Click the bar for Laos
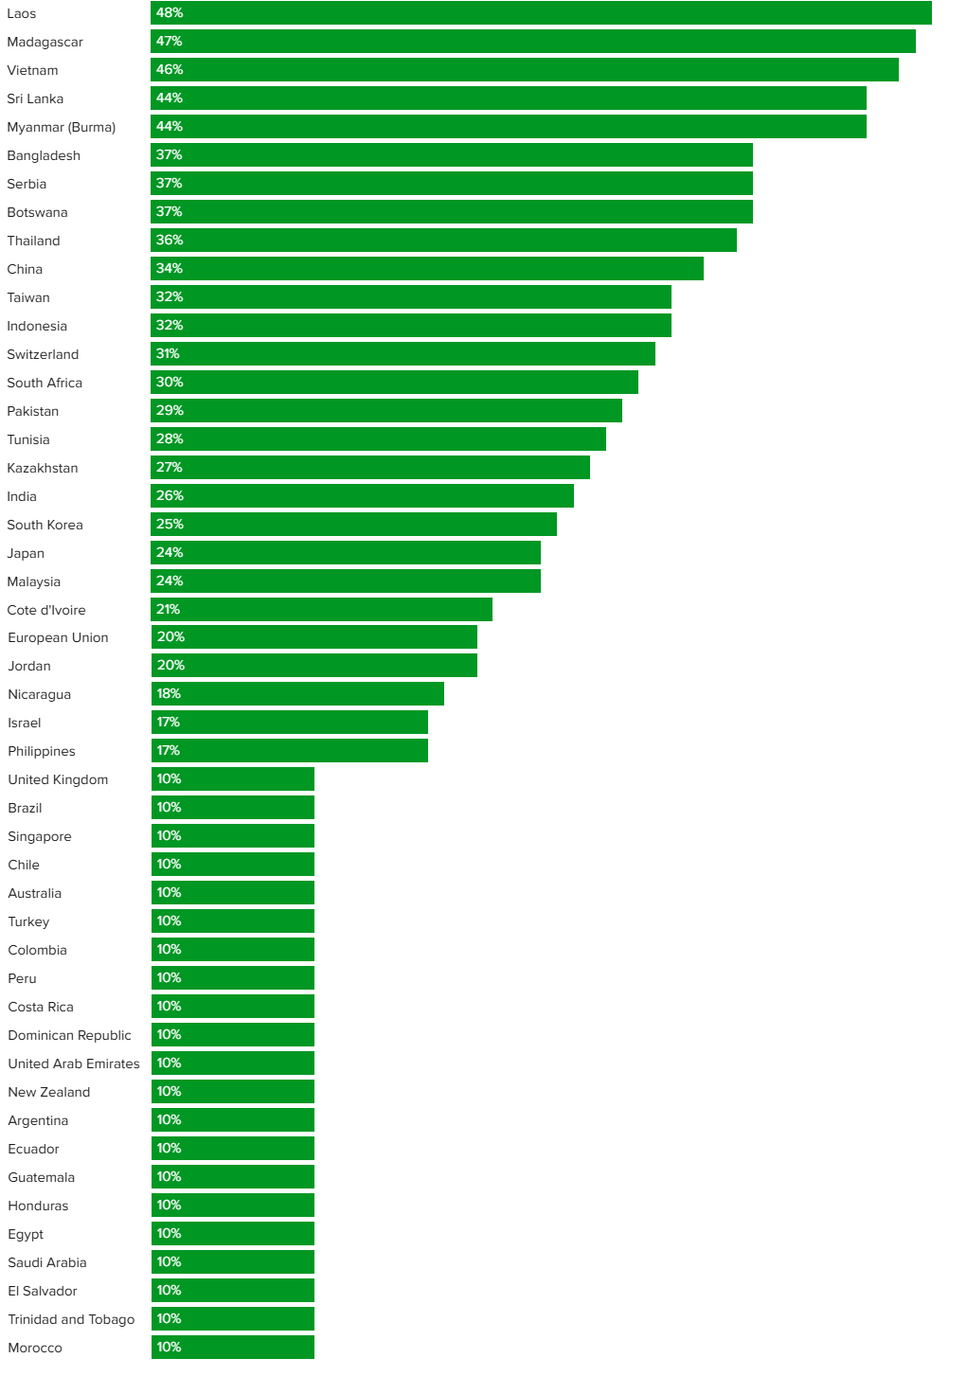click(541, 13)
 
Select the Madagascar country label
click(45, 42)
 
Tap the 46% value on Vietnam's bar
click(170, 70)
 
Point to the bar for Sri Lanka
click(509, 98)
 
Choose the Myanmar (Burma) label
click(61, 127)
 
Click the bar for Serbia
click(452, 184)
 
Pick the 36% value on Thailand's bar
click(170, 241)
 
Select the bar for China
click(427, 269)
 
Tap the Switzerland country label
click(43, 354)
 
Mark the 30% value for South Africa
click(170, 383)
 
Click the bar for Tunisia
click(379, 439)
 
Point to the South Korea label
click(45, 525)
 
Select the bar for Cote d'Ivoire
click(322, 610)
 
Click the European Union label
click(58, 637)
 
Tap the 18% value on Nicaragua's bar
click(169, 694)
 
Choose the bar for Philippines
click(290, 751)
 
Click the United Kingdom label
click(58, 779)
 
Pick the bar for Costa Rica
click(233, 1007)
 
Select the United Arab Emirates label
click(74, 1063)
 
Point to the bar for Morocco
click(233, 1348)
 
